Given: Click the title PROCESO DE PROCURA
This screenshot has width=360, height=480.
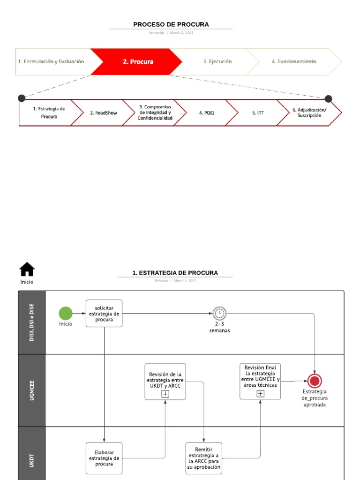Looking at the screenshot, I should point(171,24).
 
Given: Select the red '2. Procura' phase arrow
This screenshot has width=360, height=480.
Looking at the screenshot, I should point(138,61).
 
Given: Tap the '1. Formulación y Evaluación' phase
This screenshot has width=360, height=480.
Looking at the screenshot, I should point(51,61).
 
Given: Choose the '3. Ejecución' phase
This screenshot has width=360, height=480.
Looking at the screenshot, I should point(217,61).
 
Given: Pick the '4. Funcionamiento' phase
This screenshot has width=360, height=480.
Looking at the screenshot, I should point(294,61).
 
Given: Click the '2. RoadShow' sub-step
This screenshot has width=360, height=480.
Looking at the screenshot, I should point(103,113).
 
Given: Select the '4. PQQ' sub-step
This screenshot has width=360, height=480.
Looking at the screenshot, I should point(206,113).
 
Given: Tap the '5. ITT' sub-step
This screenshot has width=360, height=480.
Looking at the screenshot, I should point(261,113).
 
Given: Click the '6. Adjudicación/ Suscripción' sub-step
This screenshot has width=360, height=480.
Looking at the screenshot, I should point(309,112).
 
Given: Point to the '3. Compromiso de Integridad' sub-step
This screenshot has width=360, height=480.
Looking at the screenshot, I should point(155,112).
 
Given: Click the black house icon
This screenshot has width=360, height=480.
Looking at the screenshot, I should point(27,269).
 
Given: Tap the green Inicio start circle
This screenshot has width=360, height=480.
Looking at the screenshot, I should point(66,313).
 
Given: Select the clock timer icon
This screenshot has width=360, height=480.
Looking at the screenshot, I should point(219,313).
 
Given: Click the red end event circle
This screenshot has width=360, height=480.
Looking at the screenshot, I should point(314,381).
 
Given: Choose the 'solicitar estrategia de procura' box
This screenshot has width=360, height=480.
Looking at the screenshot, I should point(104,313).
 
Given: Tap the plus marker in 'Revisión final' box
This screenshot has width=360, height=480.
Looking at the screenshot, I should point(260,394).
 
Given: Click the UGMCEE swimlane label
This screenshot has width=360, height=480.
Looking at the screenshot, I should point(32,390).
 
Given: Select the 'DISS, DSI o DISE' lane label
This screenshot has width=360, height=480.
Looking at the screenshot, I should point(32,322).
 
